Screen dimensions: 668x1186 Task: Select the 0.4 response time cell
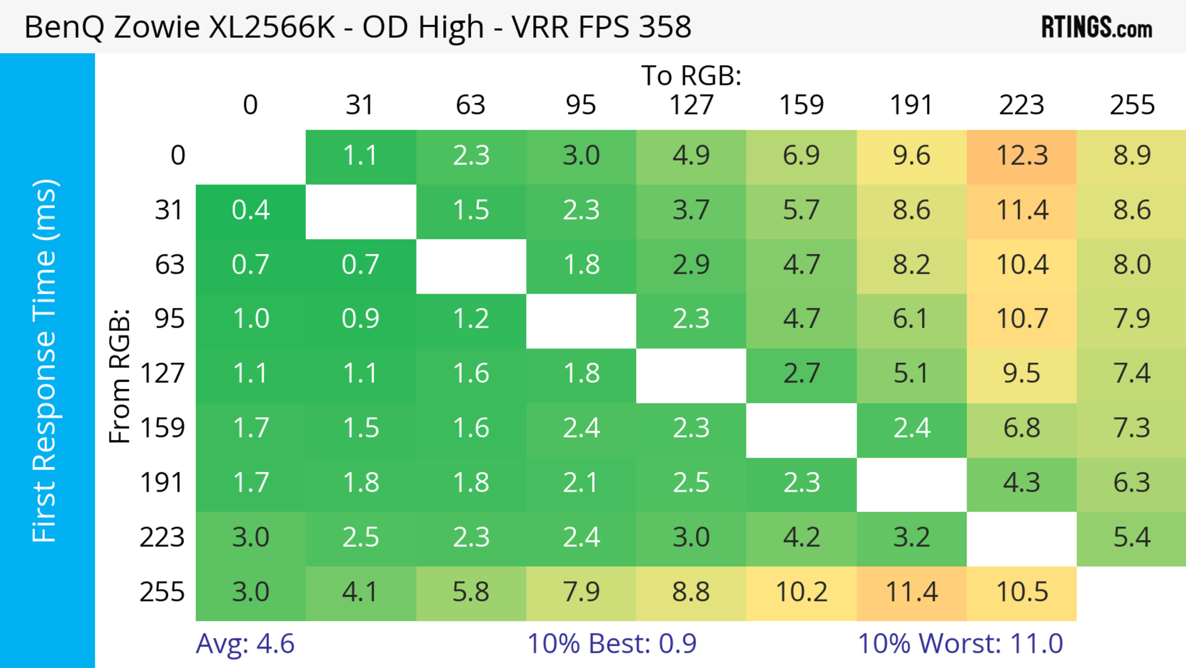[250, 210]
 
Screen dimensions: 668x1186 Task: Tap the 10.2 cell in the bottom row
[801, 592]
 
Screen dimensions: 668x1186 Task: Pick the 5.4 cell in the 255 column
[1132, 537]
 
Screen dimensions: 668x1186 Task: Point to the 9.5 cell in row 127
[1022, 373]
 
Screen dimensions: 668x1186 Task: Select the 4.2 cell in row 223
[801, 537]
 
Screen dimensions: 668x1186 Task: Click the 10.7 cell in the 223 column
[1022, 319]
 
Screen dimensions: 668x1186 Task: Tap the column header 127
[691, 105]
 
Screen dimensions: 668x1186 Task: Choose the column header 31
[360, 105]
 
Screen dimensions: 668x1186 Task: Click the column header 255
[1132, 105]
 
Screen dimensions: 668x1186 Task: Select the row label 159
[162, 428]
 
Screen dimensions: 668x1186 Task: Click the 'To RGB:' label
[691, 75]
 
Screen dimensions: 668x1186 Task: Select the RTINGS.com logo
[1097, 27]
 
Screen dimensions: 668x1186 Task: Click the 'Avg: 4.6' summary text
[245, 644]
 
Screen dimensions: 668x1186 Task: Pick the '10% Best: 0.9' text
[612, 644]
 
